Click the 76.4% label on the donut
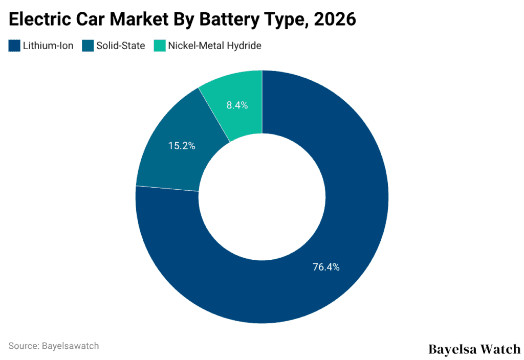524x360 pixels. pos(326,266)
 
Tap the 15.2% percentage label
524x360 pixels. pos(182,146)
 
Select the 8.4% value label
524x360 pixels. pos(237,105)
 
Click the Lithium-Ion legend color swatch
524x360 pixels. pos(14,46)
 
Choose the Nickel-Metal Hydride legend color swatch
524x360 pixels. pos(160,46)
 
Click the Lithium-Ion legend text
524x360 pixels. pos(48,46)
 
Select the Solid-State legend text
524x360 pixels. pos(121,46)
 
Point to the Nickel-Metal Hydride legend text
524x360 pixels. pos(214,46)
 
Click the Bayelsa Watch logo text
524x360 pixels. pos(474,349)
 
